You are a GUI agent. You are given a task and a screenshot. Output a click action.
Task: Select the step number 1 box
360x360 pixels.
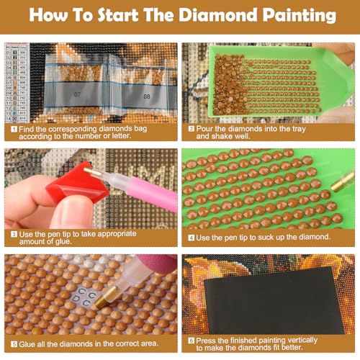[13, 130]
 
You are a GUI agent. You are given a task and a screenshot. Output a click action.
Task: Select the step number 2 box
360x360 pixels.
[192, 130]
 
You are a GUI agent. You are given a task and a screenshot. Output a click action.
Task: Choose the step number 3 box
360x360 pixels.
[13, 233]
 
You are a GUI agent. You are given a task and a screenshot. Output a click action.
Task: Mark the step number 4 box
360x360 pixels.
[192, 237]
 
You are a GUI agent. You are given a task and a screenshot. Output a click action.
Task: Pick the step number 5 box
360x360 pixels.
[13, 343]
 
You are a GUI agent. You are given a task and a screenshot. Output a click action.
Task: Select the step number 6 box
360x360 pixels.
[192, 340]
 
